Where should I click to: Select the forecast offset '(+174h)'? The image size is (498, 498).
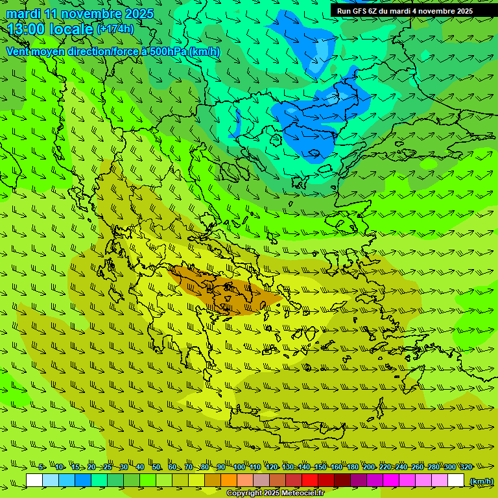point(115,29)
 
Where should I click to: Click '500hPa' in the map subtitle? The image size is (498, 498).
point(167,51)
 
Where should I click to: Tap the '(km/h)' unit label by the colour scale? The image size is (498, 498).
point(481,480)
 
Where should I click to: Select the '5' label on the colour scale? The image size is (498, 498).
point(41,467)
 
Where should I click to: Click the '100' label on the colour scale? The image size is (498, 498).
point(239,467)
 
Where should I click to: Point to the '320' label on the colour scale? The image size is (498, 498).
point(466,467)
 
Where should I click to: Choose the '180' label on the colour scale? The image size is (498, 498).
point(353,467)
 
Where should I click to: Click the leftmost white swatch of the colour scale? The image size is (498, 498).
point(34,480)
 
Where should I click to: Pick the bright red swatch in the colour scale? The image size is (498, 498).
point(310,480)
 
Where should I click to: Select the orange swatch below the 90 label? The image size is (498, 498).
point(229,480)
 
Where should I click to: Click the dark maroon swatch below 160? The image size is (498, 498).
point(342,480)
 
